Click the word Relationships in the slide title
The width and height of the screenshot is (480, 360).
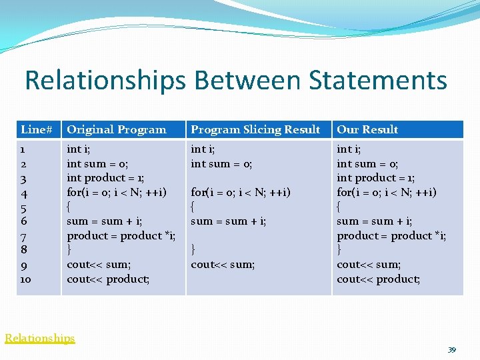click(x=105, y=81)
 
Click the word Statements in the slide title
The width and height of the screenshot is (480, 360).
click(x=377, y=81)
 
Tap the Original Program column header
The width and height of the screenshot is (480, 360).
click(x=117, y=129)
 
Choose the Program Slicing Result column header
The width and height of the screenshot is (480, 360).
click(x=255, y=129)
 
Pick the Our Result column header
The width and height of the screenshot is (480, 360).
click(x=367, y=129)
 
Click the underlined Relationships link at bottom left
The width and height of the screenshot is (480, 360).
click(x=40, y=338)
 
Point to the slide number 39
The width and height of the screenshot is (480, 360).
click(x=451, y=350)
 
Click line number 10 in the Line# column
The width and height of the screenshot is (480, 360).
click(x=26, y=279)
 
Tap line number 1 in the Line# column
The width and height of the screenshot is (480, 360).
click(x=23, y=149)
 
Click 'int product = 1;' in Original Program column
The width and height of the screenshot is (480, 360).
click(x=105, y=178)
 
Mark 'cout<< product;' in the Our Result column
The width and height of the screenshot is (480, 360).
click(x=378, y=279)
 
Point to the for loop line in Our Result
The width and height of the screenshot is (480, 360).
click(x=387, y=193)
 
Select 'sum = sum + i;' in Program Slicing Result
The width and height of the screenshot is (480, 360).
click(x=228, y=221)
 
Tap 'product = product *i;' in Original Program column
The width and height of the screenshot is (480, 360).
click(x=121, y=235)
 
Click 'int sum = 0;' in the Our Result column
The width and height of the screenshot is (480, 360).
click(x=367, y=163)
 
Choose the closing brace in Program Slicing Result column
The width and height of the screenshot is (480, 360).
click(x=193, y=250)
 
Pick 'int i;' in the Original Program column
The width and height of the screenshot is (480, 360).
click(x=79, y=149)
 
